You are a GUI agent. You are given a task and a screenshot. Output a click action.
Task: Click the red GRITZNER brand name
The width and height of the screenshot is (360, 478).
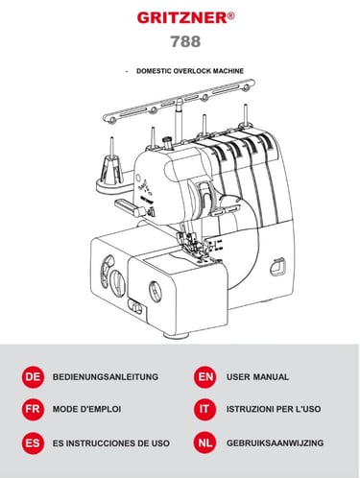182,18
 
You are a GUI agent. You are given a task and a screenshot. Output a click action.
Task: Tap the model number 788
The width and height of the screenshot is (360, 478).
185,41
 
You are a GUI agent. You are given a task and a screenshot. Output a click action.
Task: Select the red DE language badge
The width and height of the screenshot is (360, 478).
33,377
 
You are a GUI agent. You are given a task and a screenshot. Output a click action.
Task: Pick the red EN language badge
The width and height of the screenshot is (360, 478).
204,377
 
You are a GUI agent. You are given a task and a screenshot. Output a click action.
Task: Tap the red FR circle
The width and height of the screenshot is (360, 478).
33,409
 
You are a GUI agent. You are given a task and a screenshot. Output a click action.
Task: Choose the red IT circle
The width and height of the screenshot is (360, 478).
204,409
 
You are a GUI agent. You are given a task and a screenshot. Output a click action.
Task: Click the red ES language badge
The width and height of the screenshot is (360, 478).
33,443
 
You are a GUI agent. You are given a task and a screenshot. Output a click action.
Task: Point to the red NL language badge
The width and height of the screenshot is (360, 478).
204,443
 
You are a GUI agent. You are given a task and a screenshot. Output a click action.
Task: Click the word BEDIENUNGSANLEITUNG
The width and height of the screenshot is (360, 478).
106,377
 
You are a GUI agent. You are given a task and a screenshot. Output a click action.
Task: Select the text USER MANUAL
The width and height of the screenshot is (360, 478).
258,377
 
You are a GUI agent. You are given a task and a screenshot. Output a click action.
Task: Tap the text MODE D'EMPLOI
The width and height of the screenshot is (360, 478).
86,409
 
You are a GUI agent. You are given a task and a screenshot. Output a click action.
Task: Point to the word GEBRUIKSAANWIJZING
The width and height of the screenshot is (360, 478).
276,443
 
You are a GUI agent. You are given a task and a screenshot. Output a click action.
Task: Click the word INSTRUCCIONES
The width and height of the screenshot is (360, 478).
101,443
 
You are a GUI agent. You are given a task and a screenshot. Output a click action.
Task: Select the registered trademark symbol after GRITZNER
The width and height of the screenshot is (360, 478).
231,16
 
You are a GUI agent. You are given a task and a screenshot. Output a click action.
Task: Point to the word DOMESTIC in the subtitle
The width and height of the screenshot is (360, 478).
154,71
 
